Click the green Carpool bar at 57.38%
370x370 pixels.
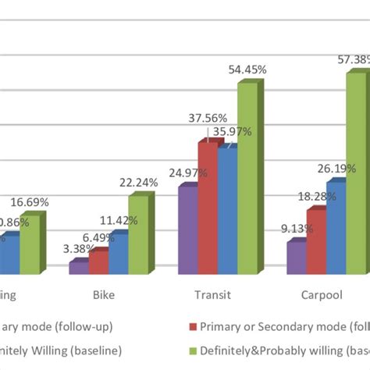pos(355,172)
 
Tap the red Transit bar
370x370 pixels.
pos(207,208)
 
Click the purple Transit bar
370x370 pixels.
pos(187,229)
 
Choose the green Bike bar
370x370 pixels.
pos(137,234)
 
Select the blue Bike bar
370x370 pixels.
pos(118,254)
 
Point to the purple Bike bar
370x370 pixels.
pos(78,267)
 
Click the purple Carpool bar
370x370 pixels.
pos(296,258)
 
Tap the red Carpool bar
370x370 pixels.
pos(315,241)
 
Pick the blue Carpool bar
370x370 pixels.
pos(336,227)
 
